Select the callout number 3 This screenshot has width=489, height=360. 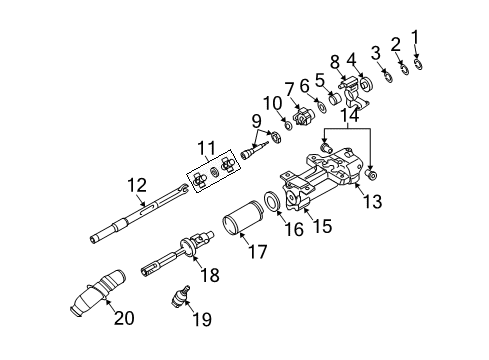click(x=376, y=52)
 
